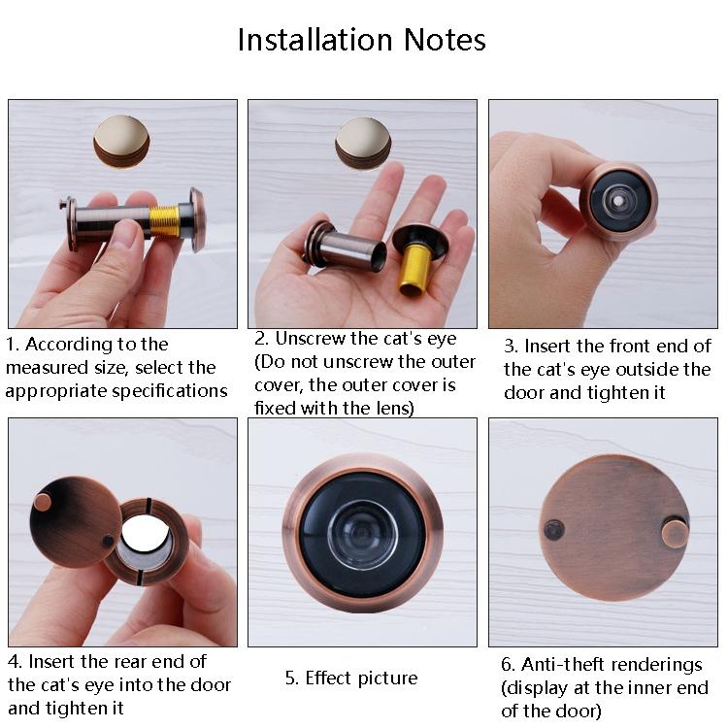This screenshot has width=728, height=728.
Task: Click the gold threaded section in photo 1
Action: click(x=168, y=220)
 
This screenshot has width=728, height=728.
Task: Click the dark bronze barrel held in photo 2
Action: click(x=346, y=246)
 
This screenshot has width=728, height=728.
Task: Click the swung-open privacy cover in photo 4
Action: click(x=75, y=521)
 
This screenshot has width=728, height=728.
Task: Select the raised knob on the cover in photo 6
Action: click(x=675, y=532)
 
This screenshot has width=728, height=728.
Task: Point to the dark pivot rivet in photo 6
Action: click(x=554, y=530)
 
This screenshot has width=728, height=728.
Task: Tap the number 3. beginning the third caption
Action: click(x=511, y=347)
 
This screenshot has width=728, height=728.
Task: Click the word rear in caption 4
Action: click(x=136, y=661)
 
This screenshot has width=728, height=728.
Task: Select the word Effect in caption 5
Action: click(x=330, y=678)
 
